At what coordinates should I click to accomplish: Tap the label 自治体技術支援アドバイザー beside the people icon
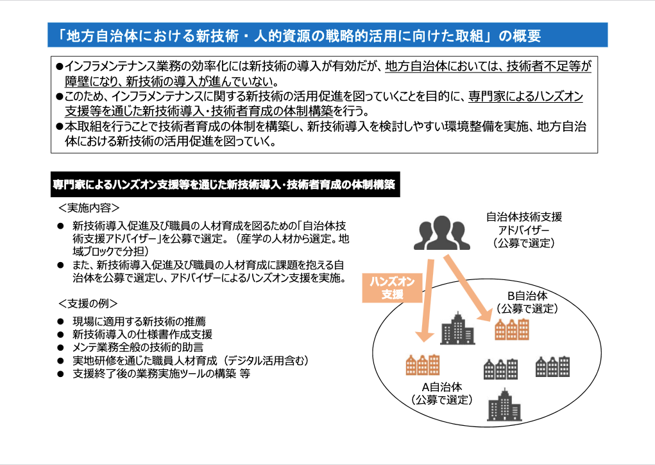point(525,231)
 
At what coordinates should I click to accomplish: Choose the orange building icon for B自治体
point(511,328)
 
